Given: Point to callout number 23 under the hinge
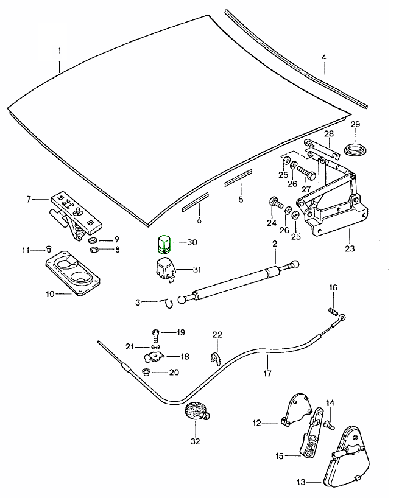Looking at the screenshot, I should tap(350, 248).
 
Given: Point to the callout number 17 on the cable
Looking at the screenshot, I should tap(266, 374).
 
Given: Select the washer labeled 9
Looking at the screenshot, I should tap(95, 240).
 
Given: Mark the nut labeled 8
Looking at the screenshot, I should tap(94, 249).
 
